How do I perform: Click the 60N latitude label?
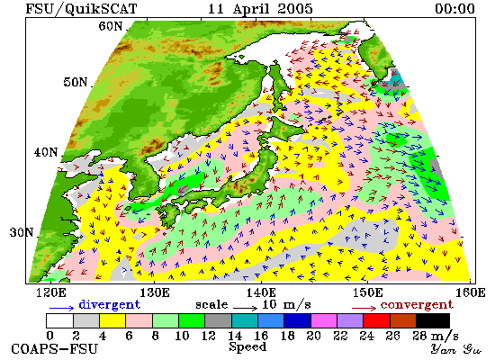pos(110,26)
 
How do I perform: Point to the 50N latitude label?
pos(75,82)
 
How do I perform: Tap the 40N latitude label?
pos(46,152)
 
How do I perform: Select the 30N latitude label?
pos(22,232)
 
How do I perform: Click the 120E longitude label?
pos(51,292)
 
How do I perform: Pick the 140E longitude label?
pos(261,292)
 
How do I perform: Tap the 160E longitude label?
pos(471,292)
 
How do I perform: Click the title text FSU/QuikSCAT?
pos(81,8)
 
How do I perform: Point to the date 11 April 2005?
pos(260,8)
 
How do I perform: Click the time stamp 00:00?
pos(454,8)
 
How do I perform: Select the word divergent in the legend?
pos(109,304)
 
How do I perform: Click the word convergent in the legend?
pos(417,305)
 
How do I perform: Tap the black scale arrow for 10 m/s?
pos(246,308)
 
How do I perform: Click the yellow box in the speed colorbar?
pos(112,320)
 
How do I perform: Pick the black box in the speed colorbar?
pos(433,320)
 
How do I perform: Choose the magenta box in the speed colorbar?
pos(324,320)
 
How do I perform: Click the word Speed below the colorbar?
pos(247,346)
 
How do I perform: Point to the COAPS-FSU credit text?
pos(54,349)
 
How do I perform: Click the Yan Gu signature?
pos(455,349)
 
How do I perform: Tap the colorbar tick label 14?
pos(235,336)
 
